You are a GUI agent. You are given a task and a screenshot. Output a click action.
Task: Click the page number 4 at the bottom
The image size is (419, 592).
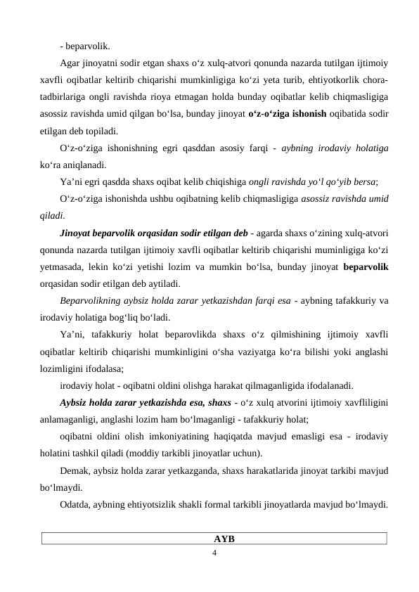pyautogui.click(x=215, y=553)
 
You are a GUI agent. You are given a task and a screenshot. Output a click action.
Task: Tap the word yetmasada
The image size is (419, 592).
pyautogui.click(x=62, y=267)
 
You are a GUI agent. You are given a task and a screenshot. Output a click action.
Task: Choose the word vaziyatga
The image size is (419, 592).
pyautogui.click(x=254, y=352)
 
